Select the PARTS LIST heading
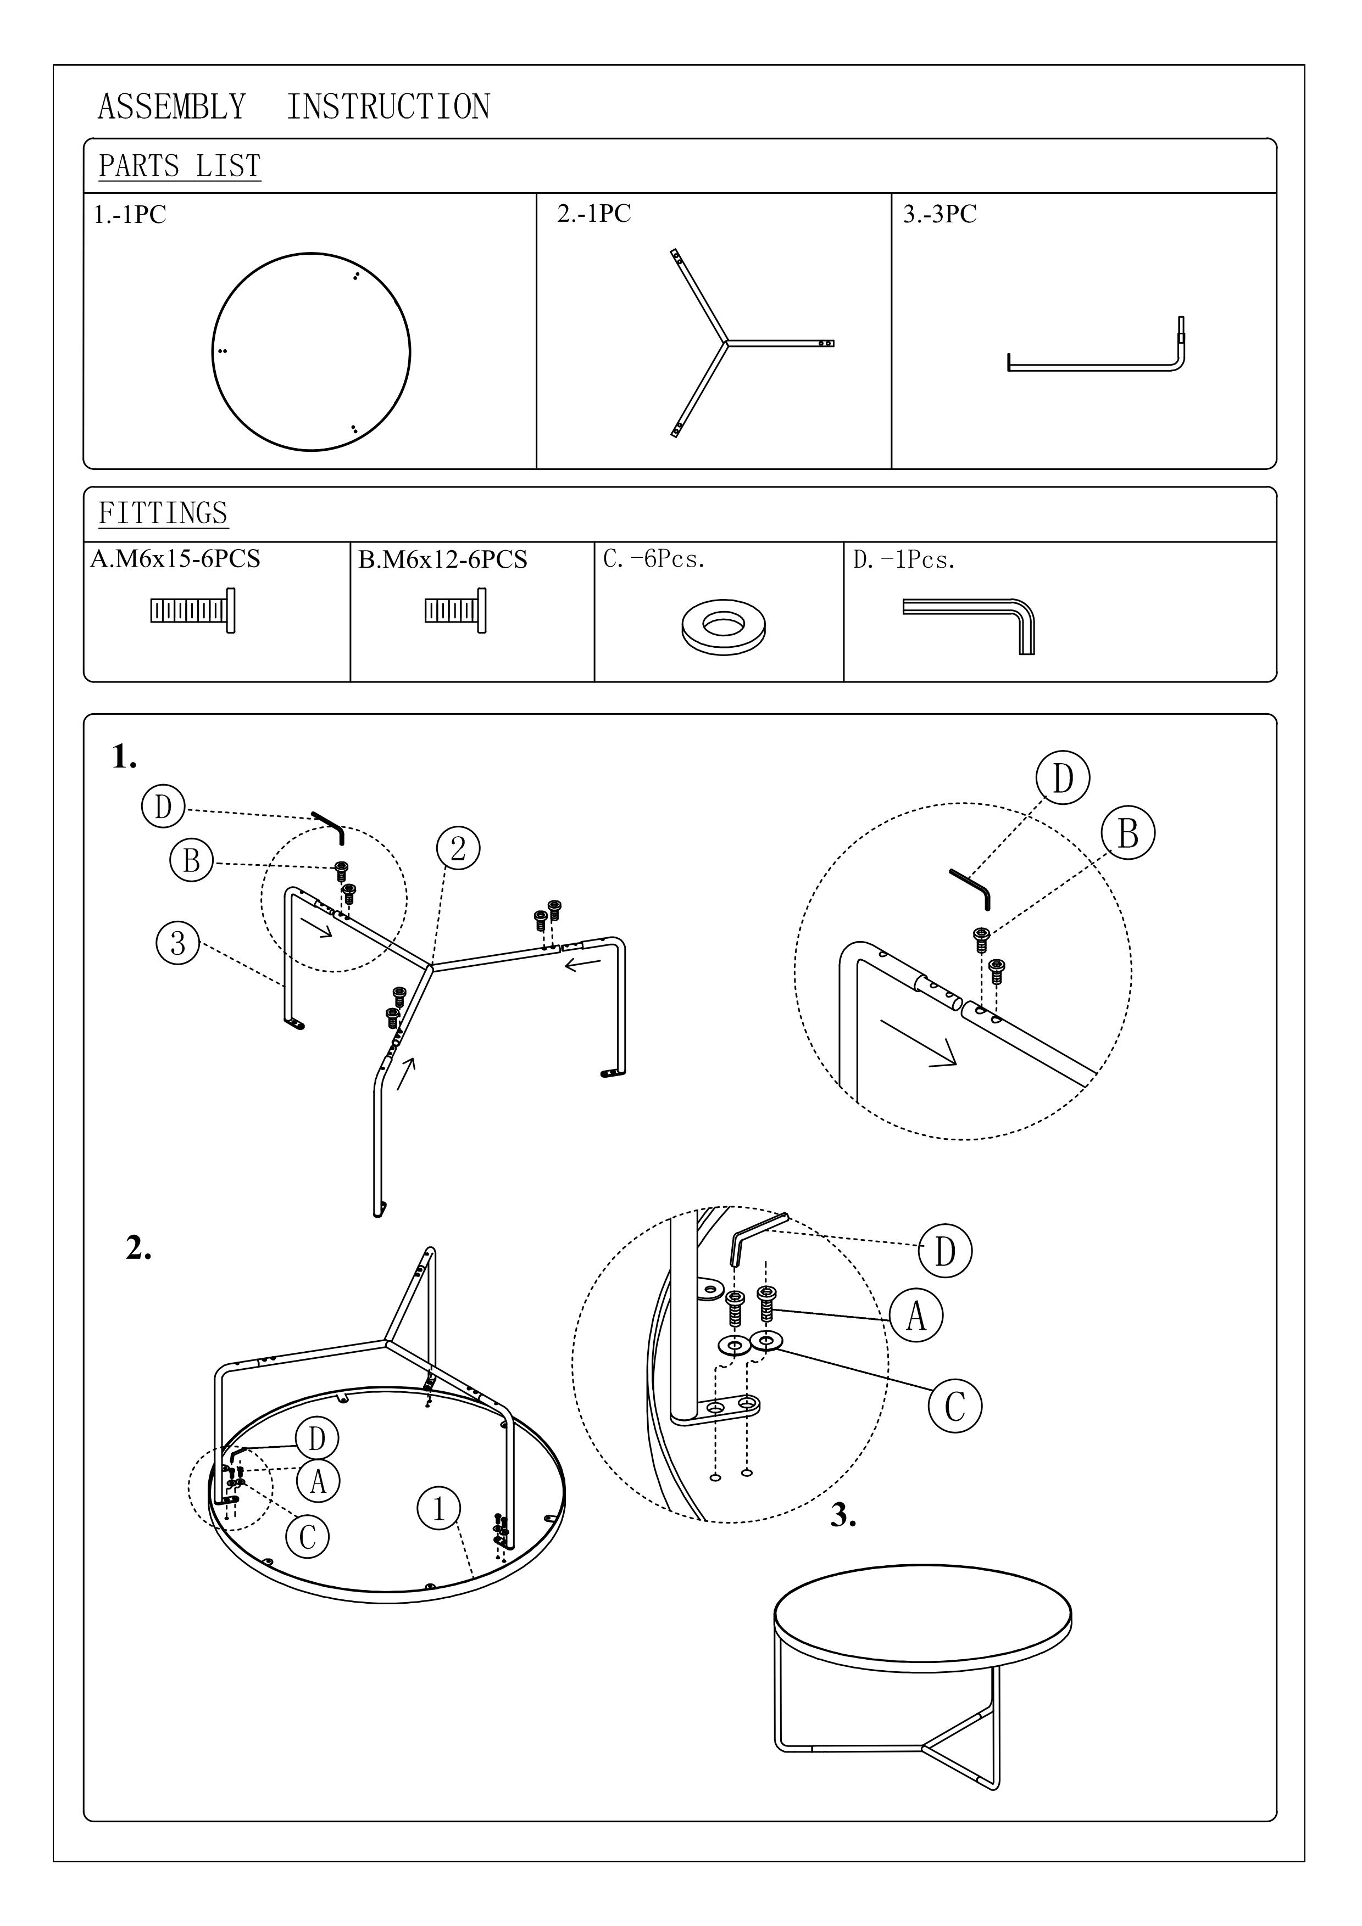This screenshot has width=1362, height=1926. (x=180, y=166)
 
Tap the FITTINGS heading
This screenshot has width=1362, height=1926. (x=163, y=513)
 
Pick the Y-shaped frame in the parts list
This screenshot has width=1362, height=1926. (x=727, y=343)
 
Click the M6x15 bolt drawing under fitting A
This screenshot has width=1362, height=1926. (x=193, y=611)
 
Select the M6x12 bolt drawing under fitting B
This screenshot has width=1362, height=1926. (x=455, y=610)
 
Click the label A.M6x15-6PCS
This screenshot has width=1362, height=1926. (x=175, y=559)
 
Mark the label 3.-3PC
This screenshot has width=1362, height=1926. (x=940, y=214)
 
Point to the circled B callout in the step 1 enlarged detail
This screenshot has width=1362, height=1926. (x=1128, y=834)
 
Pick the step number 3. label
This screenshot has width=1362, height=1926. (x=843, y=1516)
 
